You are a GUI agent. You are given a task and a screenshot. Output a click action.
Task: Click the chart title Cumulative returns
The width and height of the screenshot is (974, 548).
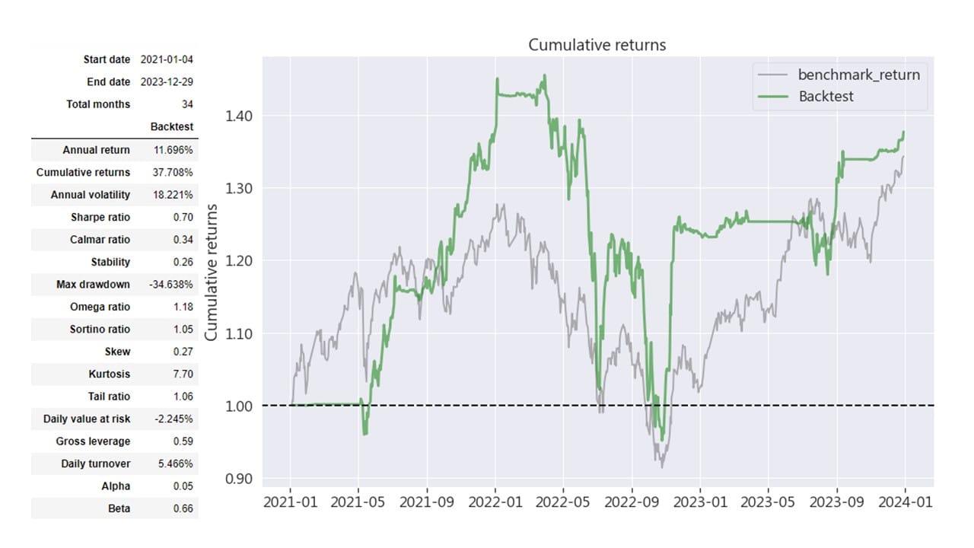click(x=597, y=45)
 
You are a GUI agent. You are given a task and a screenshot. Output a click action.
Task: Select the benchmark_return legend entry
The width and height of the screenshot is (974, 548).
click(x=858, y=75)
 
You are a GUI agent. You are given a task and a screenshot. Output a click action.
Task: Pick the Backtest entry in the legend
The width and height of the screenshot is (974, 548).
click(x=826, y=96)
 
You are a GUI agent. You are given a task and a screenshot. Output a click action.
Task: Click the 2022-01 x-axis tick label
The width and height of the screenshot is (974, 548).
click(x=495, y=502)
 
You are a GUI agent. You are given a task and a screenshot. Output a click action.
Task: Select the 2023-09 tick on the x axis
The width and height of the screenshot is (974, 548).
click(x=837, y=502)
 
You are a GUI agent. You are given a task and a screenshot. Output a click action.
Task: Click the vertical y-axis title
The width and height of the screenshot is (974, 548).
click(x=213, y=272)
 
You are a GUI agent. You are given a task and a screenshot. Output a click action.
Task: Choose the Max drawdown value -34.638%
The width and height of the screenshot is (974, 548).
click(x=171, y=285)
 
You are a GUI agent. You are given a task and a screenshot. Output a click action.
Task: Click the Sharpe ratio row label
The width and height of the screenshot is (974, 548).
click(x=100, y=217)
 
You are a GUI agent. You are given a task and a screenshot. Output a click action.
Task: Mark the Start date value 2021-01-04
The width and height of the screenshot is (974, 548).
click(x=167, y=59)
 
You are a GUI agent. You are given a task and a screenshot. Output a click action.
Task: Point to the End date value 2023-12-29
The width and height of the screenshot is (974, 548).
click(x=167, y=81)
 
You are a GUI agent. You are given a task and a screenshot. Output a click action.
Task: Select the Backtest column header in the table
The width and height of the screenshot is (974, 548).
click(x=172, y=126)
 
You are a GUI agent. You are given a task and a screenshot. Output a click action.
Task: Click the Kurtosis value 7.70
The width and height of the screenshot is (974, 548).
click(x=183, y=374)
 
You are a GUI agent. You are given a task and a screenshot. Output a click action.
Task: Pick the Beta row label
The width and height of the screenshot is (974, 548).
click(x=119, y=508)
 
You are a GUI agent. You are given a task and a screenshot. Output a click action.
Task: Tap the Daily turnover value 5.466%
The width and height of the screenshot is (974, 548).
click(x=175, y=464)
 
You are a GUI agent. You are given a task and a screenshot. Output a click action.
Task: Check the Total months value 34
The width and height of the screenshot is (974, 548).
click(x=187, y=104)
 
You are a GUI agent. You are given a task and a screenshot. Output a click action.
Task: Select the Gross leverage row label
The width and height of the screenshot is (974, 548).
click(x=93, y=441)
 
